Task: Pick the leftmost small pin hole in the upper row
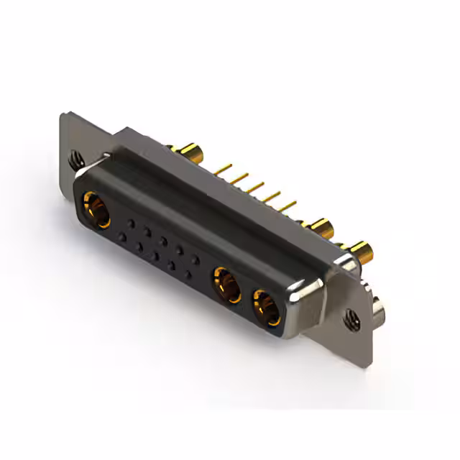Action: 130,223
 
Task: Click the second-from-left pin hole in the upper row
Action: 147,231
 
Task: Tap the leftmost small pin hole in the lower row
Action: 122,236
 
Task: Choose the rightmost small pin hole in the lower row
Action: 188,274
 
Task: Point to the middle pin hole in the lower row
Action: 155,255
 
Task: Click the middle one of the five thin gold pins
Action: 254,188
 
